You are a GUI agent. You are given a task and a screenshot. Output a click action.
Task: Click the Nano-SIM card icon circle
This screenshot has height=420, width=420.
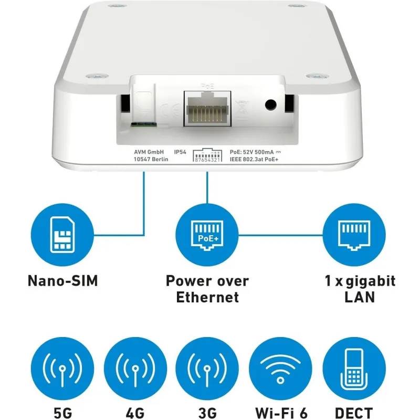62,235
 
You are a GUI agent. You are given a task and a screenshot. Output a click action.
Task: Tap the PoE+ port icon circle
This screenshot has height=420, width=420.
207,235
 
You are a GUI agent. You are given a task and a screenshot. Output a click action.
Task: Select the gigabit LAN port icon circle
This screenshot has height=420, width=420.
354,235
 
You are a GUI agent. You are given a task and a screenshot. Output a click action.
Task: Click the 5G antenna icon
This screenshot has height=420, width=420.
62,369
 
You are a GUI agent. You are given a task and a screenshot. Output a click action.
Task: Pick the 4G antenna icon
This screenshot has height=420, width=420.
135,369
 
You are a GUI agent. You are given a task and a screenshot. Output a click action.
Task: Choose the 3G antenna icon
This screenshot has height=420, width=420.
207,369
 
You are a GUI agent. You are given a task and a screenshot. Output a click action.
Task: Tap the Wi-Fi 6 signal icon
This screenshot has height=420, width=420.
280,369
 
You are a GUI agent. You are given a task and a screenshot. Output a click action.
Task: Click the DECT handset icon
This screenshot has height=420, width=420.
354,369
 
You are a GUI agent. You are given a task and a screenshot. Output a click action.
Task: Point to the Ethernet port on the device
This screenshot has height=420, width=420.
207,109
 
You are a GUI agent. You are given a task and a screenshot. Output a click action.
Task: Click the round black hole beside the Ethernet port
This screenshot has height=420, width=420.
270,104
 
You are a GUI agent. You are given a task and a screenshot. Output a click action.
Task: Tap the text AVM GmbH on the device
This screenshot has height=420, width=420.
149,152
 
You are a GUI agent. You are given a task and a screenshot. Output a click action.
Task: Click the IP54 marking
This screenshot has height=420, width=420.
180,152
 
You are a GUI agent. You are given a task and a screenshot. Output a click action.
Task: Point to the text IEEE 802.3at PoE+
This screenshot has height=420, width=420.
254,160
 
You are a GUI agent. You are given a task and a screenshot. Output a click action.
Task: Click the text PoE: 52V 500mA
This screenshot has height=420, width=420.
252,152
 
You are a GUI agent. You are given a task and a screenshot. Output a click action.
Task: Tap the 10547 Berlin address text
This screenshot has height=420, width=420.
151,160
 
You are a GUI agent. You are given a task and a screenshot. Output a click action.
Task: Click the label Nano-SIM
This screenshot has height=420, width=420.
63,281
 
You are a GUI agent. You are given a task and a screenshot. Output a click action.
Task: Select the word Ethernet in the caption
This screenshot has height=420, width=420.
207,297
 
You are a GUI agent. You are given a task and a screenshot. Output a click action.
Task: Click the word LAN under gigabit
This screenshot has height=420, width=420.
360,297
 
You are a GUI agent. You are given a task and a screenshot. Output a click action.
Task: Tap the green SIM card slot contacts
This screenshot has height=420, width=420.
143,124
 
